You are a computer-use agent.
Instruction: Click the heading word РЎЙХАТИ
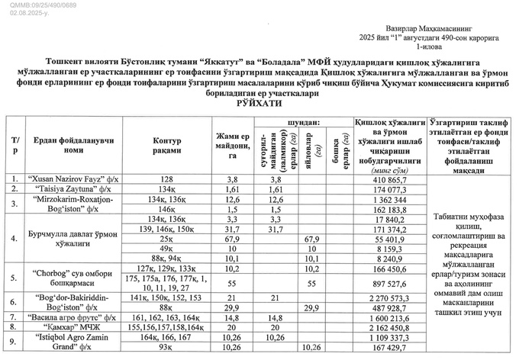259,101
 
